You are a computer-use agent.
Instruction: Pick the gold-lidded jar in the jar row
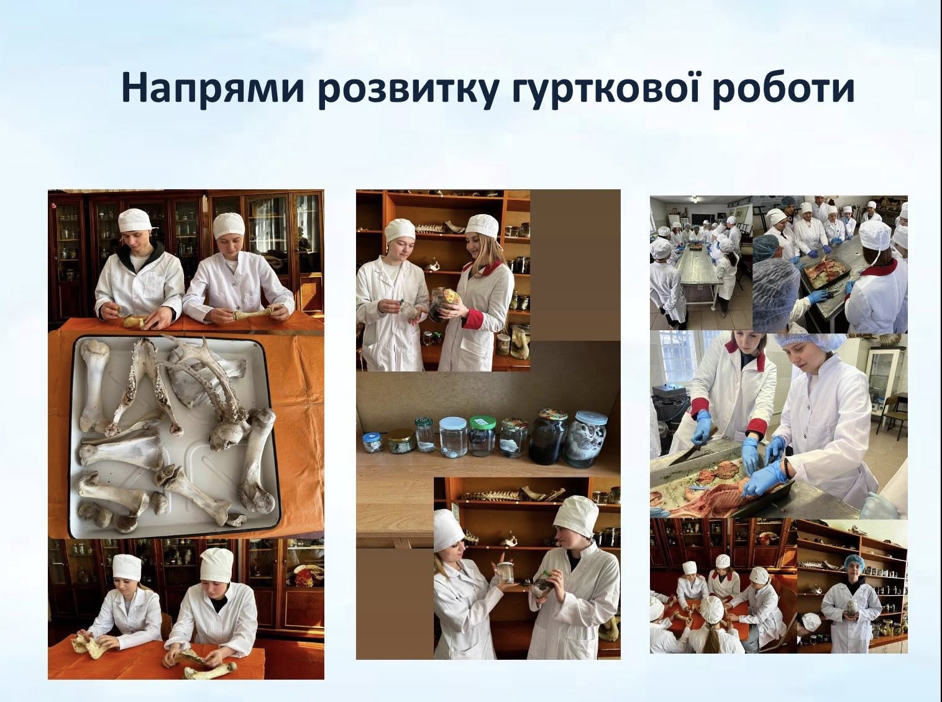pyautogui.click(x=401, y=441)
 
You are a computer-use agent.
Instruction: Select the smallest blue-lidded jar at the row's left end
pyautogui.click(x=372, y=443)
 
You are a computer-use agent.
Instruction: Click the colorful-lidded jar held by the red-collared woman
pyautogui.click(x=445, y=304)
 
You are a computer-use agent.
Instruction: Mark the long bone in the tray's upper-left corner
pyautogui.click(x=94, y=384)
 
